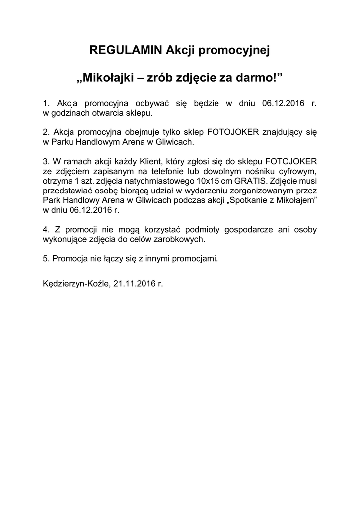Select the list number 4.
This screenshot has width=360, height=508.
click(x=46, y=230)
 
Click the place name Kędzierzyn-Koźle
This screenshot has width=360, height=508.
click(x=76, y=284)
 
